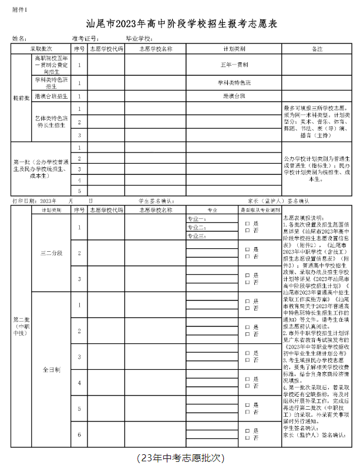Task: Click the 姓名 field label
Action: click(x=19, y=38)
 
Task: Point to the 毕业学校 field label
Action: click(x=139, y=38)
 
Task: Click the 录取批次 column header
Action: click(x=41, y=48)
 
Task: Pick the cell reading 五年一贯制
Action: click(x=234, y=64)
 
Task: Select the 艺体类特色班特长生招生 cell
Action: click(x=51, y=121)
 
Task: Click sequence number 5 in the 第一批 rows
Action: click(x=79, y=190)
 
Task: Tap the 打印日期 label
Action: click(x=24, y=201)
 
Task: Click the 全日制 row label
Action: click(x=51, y=370)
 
